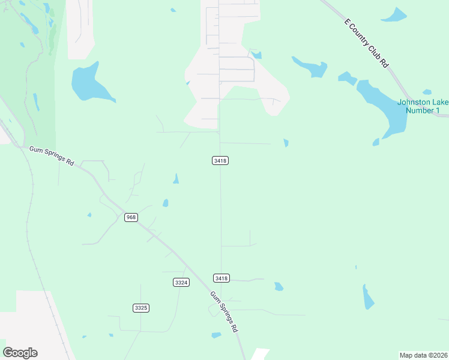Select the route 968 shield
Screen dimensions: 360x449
click(131, 217)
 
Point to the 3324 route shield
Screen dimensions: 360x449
click(181, 282)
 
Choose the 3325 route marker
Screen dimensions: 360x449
click(141, 308)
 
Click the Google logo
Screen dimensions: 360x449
click(20, 353)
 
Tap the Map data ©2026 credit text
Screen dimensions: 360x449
click(423, 355)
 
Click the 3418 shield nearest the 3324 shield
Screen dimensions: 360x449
click(221, 278)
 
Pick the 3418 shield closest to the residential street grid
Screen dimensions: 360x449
click(220, 161)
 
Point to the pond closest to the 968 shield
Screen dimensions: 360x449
click(165, 203)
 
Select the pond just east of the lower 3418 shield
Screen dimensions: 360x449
click(279, 287)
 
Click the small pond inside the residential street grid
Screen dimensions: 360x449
click(256, 55)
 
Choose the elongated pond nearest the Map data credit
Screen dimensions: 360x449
click(368, 297)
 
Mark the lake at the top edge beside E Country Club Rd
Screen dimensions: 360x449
click(394, 15)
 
